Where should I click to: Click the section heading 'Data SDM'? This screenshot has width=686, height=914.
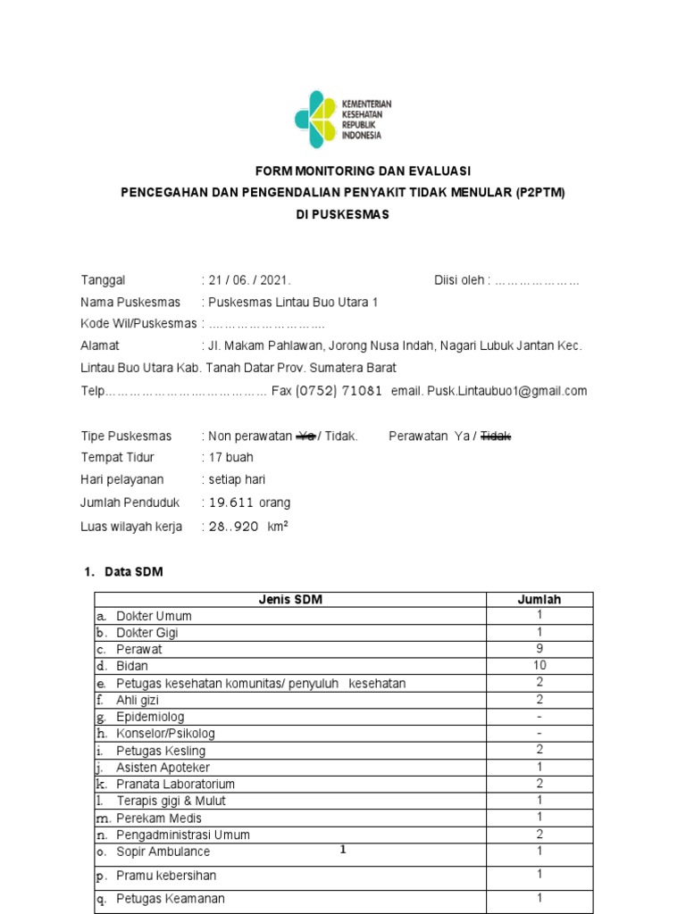click(134, 572)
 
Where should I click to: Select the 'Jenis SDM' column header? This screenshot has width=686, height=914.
click(289, 600)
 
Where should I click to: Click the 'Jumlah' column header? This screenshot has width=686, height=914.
click(540, 600)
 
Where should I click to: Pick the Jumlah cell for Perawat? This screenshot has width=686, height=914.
click(540, 650)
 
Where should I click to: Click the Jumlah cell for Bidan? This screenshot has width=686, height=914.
click(540, 666)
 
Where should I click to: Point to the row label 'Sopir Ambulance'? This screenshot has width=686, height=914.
click(163, 852)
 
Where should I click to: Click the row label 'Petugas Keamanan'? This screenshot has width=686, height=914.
click(170, 899)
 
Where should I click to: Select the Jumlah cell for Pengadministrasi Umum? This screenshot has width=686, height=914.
click(540, 834)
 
